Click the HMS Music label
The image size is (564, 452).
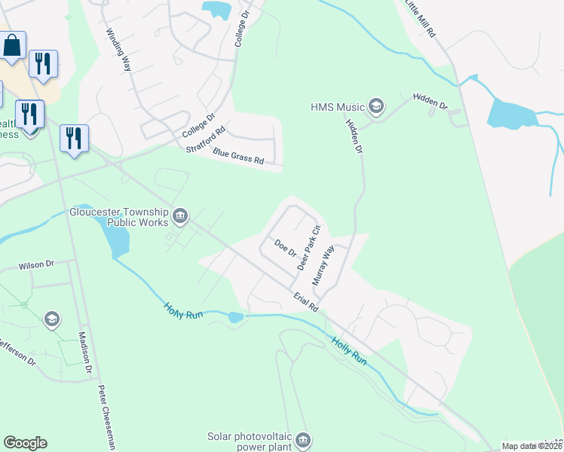[x=337, y=107]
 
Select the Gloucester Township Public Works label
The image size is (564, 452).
[x=121, y=217]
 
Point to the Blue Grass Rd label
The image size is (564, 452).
[x=238, y=156]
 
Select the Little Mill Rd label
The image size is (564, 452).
[x=421, y=19]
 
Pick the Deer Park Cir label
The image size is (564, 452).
[x=309, y=248]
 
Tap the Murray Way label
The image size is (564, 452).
[x=323, y=264]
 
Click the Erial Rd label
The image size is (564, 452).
[x=307, y=303]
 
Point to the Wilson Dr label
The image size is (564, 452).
[x=37, y=265]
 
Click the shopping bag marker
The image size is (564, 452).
[x=13, y=47]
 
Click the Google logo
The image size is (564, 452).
[x=25, y=443]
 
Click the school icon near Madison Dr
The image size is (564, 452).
[x=51, y=319]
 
